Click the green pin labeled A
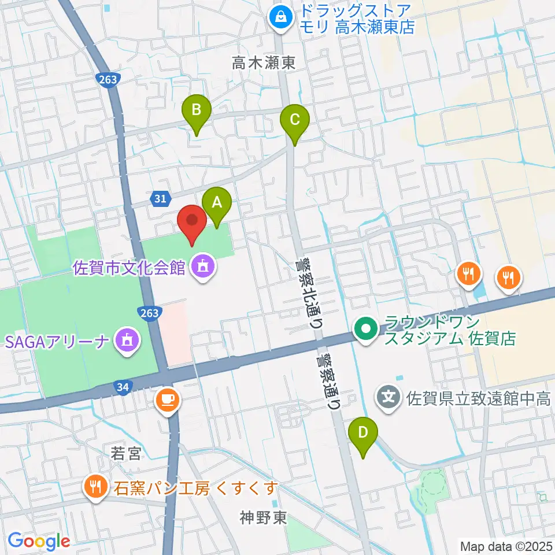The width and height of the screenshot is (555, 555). pos(217,203)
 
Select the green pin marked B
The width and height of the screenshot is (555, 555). pos(197,109)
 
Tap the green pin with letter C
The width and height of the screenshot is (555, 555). pos(294,120)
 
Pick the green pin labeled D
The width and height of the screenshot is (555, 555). pos(363,432)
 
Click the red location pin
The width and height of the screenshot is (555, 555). pos(191,221)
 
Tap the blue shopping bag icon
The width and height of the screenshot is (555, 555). pos(280,16)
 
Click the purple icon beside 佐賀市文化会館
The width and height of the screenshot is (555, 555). pos(202,267)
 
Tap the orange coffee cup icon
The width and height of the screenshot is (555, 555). pos(168,399)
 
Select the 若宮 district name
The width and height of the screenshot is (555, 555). pos(126,454)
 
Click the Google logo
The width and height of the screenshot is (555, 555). pos(39,541)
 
